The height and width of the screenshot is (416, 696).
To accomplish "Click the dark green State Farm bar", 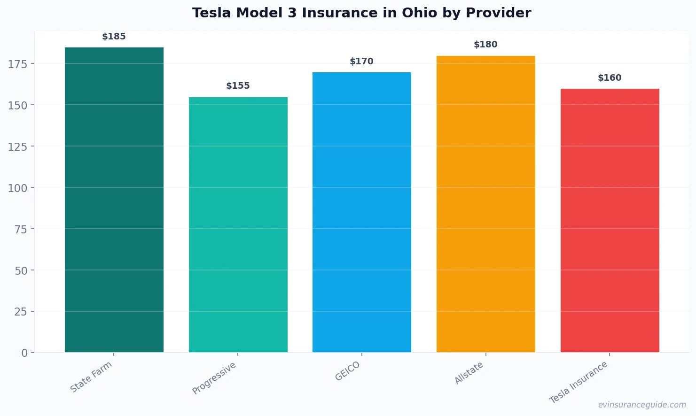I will click(114, 200).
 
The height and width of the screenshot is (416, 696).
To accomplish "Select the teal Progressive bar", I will click(238, 224).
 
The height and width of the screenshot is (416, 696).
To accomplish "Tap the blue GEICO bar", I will click(362, 212).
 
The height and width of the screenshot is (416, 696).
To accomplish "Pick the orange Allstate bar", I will click(485, 204).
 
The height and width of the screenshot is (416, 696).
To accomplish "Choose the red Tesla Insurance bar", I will click(610, 220).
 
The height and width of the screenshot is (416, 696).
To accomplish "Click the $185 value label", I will click(114, 37).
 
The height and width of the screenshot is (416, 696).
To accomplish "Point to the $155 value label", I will click(238, 86).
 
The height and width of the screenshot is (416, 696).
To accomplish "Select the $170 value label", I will click(361, 62).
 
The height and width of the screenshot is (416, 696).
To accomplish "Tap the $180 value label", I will click(485, 45).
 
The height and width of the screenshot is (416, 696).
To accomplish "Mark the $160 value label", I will click(610, 78).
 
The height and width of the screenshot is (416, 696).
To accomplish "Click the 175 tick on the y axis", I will click(18, 64).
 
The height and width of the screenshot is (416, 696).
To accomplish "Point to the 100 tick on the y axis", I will click(18, 188).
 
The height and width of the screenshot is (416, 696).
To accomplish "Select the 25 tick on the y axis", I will click(21, 312).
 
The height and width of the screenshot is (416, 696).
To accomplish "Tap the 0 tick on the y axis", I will click(24, 353).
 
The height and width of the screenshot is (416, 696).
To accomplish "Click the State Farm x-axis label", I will click(91, 377).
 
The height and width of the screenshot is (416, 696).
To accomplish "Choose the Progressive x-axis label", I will click(214, 378).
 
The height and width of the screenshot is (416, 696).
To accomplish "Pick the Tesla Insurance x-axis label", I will click(579, 382).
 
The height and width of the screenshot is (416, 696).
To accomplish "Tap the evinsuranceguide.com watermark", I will click(642, 405).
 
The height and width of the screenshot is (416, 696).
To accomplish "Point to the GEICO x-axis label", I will click(348, 371).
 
